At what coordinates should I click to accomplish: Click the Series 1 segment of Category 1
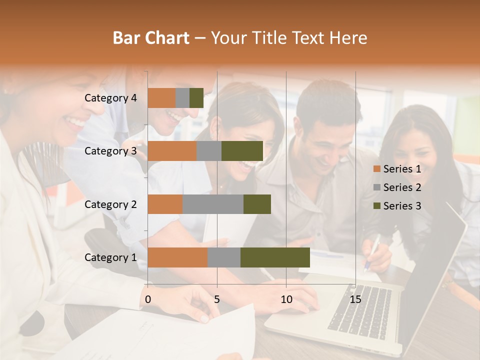pyautogui.click(x=177, y=257)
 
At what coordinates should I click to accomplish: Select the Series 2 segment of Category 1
pyautogui.click(x=223, y=257)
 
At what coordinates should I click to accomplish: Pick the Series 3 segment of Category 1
pyautogui.click(x=275, y=257)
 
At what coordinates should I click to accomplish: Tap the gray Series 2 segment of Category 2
pyautogui.click(x=212, y=204)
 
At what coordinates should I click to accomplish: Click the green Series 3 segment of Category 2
pyautogui.click(x=257, y=204)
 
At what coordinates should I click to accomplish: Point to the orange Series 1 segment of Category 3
pyautogui.click(x=172, y=151)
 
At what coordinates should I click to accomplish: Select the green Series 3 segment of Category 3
pyautogui.click(x=242, y=151)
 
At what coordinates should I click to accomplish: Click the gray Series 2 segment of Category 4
pyautogui.click(x=182, y=98)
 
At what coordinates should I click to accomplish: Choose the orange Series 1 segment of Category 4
pyautogui.click(x=161, y=98)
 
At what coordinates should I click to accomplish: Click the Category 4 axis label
pyautogui.click(x=110, y=98)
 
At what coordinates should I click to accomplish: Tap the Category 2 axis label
pyautogui.click(x=110, y=204)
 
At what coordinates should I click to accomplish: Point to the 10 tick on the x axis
pyautogui.click(x=286, y=299)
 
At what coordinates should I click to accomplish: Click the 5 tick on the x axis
pyautogui.click(x=217, y=299)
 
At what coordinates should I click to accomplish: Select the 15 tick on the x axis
pyautogui.click(x=355, y=299)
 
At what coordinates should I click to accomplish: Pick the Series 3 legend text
pyautogui.click(x=402, y=206)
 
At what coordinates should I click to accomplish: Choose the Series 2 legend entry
pyautogui.click(x=397, y=187)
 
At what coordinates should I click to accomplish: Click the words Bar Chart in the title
pyautogui.click(x=151, y=38)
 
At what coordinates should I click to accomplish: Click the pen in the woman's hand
pyautogui.click(x=373, y=253)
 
